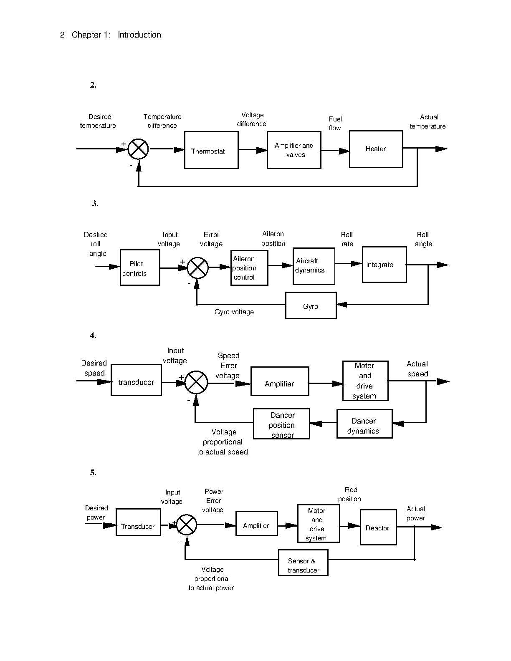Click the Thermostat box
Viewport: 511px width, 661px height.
[x=211, y=150]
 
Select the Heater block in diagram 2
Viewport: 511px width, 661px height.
[x=376, y=149]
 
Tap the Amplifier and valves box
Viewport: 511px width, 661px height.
[x=294, y=150]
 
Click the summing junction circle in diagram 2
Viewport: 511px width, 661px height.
[x=138, y=149]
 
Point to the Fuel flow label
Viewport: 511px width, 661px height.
[x=335, y=124]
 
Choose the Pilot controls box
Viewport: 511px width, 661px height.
[x=140, y=267]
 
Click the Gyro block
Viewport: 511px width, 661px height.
[x=311, y=305]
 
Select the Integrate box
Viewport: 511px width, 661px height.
[x=385, y=265]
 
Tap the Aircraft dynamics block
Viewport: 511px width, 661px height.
[x=314, y=266]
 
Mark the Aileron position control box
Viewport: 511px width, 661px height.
[x=249, y=267]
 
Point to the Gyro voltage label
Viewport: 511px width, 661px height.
[x=234, y=312]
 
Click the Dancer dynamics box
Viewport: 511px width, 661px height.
[x=364, y=424]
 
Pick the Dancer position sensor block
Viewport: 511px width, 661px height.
[x=281, y=424]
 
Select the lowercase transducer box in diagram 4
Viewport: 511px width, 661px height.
[x=136, y=380]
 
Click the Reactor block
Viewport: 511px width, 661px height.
[x=378, y=527]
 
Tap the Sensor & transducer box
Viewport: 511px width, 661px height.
[x=303, y=563]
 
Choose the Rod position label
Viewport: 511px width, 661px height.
[x=350, y=494]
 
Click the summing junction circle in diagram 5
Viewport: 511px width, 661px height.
[x=187, y=525]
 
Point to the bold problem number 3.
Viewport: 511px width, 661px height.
[x=95, y=203]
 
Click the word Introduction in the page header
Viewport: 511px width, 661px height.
[x=139, y=35]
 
